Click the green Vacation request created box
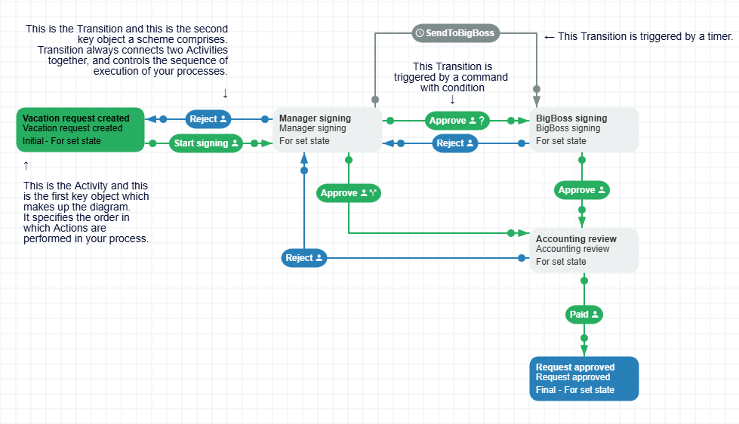coord(80,129)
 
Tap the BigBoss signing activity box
coord(584,129)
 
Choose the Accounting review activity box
coord(584,250)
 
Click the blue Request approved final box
coord(584,378)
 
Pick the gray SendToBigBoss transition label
coord(456,33)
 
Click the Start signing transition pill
coord(205,143)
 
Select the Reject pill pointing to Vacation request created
coord(208,119)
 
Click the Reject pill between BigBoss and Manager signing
coord(455,143)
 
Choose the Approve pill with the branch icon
coord(348,193)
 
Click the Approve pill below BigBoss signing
coord(582,191)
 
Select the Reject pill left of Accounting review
coord(304,258)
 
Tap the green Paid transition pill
coord(584,315)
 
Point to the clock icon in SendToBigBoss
coord(420,33)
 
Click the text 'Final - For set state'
coord(575,390)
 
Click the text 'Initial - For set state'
coord(61,140)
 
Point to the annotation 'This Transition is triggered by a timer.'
coord(645,36)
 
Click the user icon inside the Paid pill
coord(595,315)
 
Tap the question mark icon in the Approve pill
coord(482,121)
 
